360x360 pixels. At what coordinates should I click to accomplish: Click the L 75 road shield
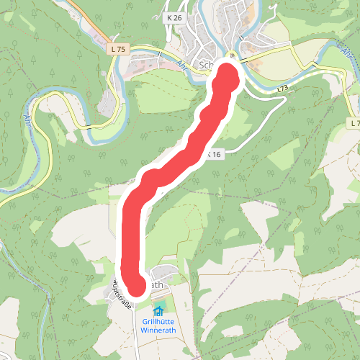coord(119,49)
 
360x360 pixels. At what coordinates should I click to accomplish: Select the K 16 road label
coord(214,154)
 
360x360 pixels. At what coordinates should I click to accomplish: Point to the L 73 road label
coord(282,89)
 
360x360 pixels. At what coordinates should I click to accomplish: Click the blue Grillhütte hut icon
coord(158,311)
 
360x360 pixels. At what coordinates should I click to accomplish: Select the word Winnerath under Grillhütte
coord(158,331)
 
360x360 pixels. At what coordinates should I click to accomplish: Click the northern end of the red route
coord(226,74)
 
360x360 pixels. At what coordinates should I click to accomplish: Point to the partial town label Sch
coord(206,63)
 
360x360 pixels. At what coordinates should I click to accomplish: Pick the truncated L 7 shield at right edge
coord(354,124)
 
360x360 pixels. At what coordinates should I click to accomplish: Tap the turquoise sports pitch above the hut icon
coord(159,303)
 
